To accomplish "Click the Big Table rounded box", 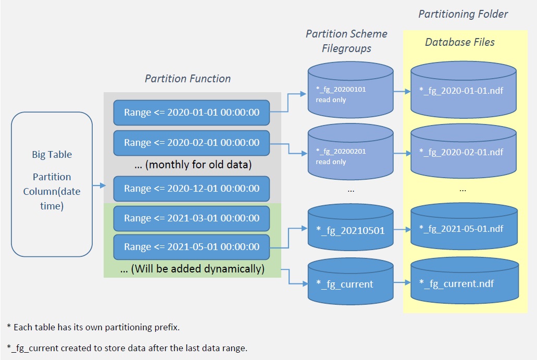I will [52, 184].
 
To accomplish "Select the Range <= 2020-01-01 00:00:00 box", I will [192, 113].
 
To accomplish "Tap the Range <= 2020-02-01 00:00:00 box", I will [192, 142].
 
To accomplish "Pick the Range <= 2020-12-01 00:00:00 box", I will [192, 189].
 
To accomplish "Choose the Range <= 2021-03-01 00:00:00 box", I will [192, 218].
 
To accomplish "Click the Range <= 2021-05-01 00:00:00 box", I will [192, 247].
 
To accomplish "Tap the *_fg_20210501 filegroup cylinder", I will [350, 230].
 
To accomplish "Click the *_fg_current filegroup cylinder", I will [350, 284].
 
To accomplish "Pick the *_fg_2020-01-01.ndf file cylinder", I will [464, 91].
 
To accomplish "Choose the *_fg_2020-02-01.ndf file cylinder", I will [464, 153].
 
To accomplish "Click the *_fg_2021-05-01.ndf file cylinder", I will [464, 228].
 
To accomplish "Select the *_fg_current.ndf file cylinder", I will [464, 284].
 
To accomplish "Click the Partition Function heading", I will [188, 79].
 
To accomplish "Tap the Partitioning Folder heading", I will [463, 14].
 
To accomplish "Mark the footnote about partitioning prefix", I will [93, 327].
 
